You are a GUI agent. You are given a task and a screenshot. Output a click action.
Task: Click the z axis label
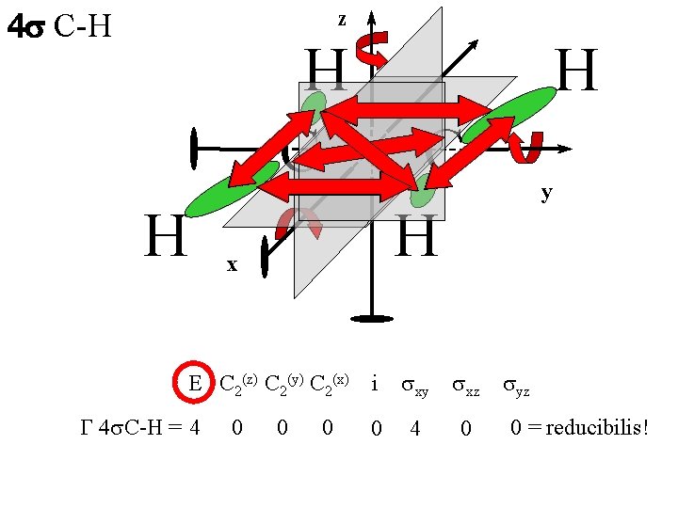(342, 19)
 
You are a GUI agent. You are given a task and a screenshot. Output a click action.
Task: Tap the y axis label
(546, 193)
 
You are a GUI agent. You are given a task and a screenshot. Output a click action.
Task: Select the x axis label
(232, 265)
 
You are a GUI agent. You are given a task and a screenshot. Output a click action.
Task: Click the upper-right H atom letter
(576, 72)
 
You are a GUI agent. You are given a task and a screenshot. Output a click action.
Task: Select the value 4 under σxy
(414, 429)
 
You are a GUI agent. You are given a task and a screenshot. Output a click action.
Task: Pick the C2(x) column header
(330, 383)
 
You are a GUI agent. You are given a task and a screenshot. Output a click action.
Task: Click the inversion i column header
(375, 384)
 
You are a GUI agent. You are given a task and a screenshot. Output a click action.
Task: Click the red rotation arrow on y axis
(525, 147)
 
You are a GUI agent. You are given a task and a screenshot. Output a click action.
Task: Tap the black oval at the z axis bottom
(372, 319)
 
